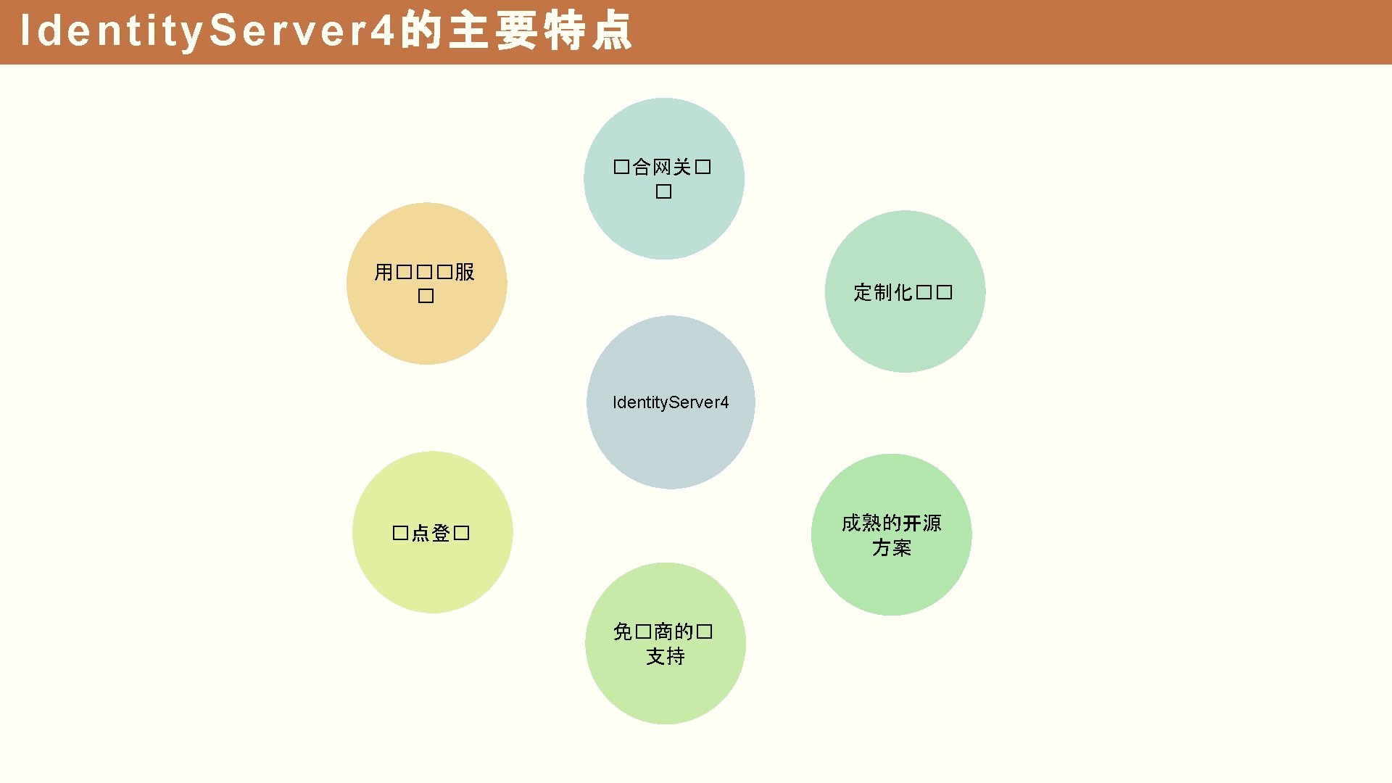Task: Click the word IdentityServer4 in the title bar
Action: tap(207, 31)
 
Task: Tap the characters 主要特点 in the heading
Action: tap(540, 31)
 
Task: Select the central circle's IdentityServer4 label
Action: tap(671, 402)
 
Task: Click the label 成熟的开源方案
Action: tap(891, 535)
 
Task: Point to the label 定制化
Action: tap(882, 292)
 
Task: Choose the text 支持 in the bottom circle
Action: tap(666, 656)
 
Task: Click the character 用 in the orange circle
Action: tap(384, 272)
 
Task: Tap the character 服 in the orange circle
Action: tap(465, 272)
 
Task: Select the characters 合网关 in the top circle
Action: tap(662, 167)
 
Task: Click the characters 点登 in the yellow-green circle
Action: tap(431, 534)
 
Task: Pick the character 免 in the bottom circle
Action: tap(623, 631)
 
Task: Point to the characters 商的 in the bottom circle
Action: tap(674, 631)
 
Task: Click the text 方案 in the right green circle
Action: tap(891, 547)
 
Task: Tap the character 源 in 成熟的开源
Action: tap(932, 523)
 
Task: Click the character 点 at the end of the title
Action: tap(611, 31)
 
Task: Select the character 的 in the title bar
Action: tap(420, 31)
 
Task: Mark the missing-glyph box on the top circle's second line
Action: tap(663, 191)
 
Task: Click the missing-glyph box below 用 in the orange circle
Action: tap(426, 296)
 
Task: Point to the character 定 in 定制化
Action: tap(863, 292)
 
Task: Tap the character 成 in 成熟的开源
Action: tap(851, 523)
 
